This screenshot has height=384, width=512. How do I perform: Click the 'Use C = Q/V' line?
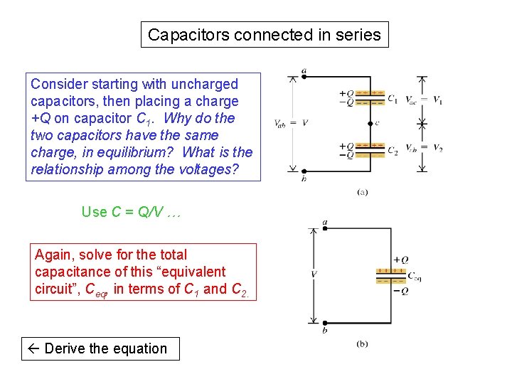pos(132,211)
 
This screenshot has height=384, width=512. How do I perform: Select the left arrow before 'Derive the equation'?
pos(33,348)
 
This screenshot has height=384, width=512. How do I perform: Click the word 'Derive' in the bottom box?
pos(66,348)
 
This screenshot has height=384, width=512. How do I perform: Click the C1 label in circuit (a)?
pos(393,100)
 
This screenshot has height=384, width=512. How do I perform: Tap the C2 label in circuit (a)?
pos(393,151)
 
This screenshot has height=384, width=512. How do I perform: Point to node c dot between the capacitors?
pos(370,122)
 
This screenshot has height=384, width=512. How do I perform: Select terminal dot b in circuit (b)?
pos(324,323)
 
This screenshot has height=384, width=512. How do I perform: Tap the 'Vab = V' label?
pos(291,123)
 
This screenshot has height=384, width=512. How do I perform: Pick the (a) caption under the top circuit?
pos(362,191)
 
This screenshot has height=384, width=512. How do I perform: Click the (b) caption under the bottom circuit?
pos(362,344)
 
